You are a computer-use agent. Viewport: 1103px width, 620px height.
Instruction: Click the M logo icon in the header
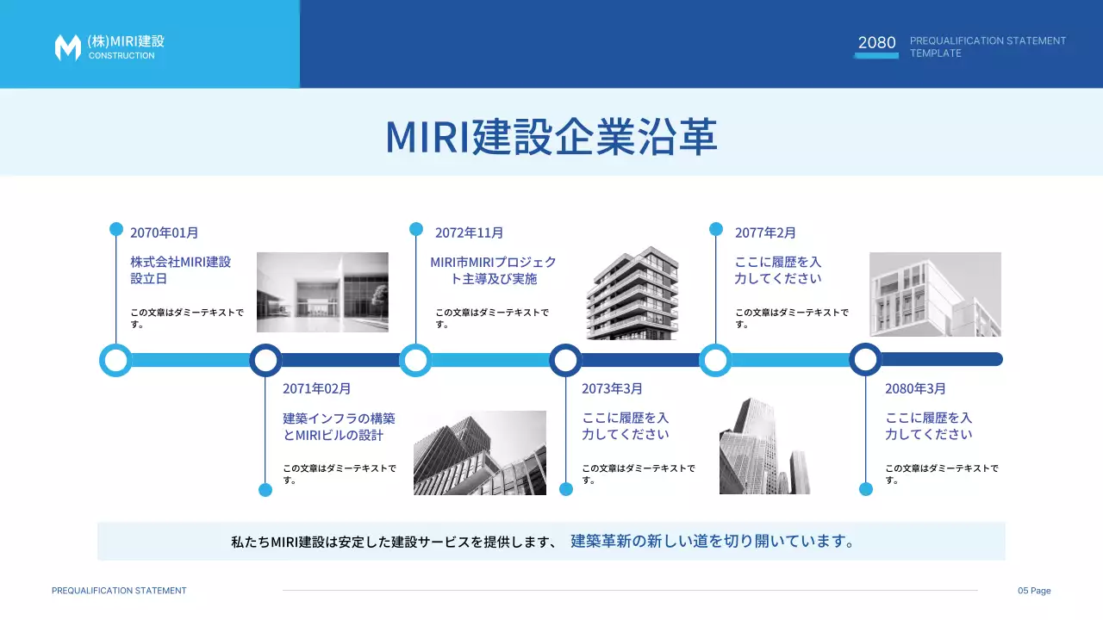coord(67,47)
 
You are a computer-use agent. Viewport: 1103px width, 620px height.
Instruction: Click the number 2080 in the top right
coord(876,42)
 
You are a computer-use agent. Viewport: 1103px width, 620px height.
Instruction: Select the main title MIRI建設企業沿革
coord(551,136)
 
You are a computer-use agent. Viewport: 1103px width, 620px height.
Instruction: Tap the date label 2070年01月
coord(165,232)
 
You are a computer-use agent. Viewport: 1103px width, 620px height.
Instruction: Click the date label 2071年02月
coord(317,388)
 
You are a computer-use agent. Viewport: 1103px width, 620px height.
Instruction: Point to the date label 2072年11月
coord(469,232)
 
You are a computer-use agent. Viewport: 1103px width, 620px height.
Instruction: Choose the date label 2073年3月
coord(612,388)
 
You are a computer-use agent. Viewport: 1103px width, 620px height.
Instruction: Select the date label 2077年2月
coord(765,232)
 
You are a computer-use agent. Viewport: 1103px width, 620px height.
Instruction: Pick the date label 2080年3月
coord(915,388)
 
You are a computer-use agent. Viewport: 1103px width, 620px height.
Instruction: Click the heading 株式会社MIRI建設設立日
coord(181,270)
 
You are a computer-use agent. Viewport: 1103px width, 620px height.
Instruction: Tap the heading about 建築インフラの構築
coord(339,426)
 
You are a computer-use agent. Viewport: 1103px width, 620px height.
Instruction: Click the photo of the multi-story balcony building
coord(633,293)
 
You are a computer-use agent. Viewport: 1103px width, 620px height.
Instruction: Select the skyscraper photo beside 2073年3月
coord(764,446)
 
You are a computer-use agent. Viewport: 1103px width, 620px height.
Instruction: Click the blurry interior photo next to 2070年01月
coord(322,292)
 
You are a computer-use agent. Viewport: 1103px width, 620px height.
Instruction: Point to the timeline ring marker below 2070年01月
coord(115,360)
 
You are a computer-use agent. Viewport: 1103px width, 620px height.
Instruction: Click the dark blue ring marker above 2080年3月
coord(865,359)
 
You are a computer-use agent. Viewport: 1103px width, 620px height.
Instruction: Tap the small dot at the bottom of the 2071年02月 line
coord(265,490)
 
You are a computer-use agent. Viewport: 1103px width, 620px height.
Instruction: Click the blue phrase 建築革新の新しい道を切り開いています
coord(713,542)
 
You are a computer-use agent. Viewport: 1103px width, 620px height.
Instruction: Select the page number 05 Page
coord(1034,591)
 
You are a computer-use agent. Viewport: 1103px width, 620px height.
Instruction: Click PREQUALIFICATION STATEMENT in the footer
coord(119,591)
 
